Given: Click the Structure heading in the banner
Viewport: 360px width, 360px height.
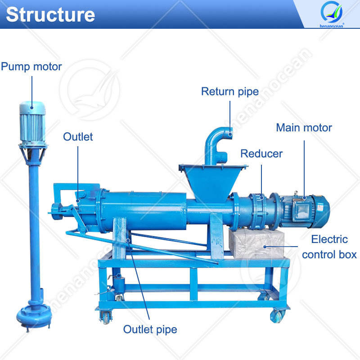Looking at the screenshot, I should click(50, 15).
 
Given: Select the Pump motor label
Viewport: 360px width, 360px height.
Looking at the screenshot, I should click(31, 67).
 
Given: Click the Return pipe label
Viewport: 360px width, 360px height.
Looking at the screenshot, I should click(229, 92).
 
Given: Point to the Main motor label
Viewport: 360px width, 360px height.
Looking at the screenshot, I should click(304, 127).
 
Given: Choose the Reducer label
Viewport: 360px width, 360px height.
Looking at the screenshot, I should click(261, 153).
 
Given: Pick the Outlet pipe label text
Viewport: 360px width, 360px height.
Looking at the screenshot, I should click(150, 329).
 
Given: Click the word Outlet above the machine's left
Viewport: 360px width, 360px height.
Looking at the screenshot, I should click(78, 137).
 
